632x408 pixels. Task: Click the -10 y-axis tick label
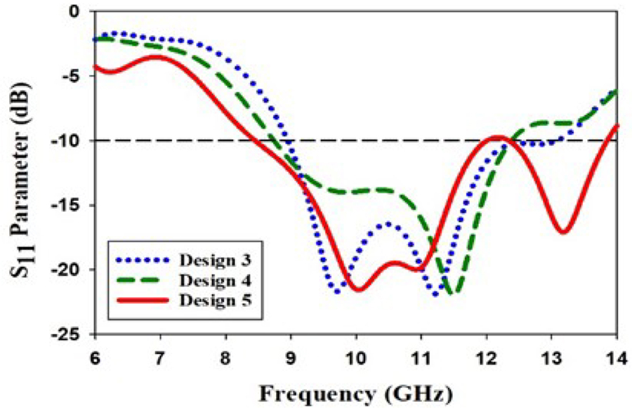68,140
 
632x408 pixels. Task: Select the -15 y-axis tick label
68,205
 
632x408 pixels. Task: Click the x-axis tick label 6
95,353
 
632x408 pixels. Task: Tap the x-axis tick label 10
356,353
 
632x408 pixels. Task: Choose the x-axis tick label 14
617,353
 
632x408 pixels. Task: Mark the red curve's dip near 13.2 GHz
564,232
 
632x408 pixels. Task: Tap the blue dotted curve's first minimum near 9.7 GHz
338,291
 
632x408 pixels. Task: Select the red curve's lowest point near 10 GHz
357,289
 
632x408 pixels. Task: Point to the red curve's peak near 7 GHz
156,57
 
